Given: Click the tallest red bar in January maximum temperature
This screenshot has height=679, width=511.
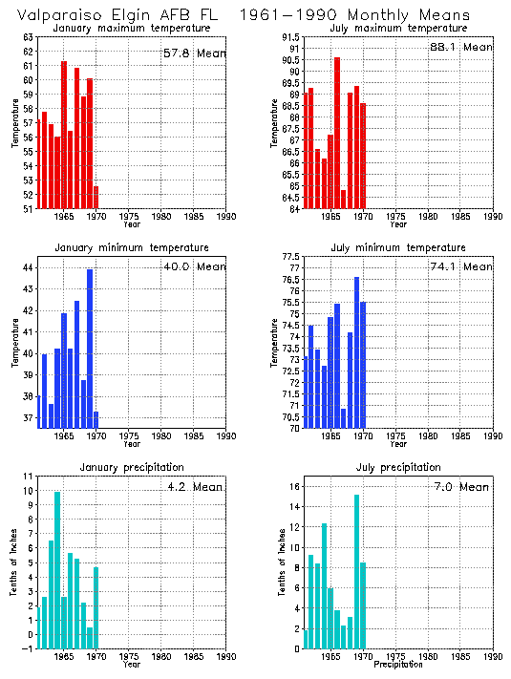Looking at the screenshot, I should pyautogui.click(x=64, y=135).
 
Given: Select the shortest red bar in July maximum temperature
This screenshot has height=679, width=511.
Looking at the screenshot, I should pyautogui.click(x=343, y=199).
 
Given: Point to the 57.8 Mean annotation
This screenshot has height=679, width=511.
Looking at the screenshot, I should pyautogui.click(x=194, y=53).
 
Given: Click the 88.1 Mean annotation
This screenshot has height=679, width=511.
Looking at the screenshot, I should pyautogui.click(x=461, y=47).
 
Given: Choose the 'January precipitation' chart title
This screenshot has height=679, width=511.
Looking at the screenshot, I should pyautogui.click(x=132, y=467).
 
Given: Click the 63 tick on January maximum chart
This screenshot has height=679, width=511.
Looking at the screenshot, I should pyautogui.click(x=27, y=37).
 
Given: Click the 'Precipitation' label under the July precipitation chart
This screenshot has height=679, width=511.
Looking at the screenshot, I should pyautogui.click(x=397, y=664).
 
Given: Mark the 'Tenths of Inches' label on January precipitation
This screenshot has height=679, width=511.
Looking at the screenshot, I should pyautogui.click(x=14, y=563).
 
